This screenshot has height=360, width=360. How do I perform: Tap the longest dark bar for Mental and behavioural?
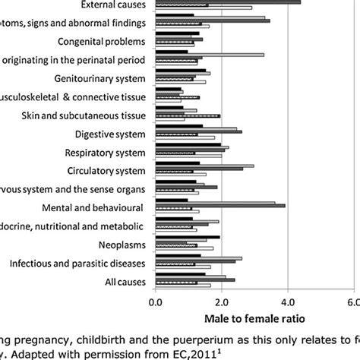coord(220,206)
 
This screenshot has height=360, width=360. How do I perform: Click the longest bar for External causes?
coord(228,2)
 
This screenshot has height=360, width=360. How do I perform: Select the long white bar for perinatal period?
coord(210,55)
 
